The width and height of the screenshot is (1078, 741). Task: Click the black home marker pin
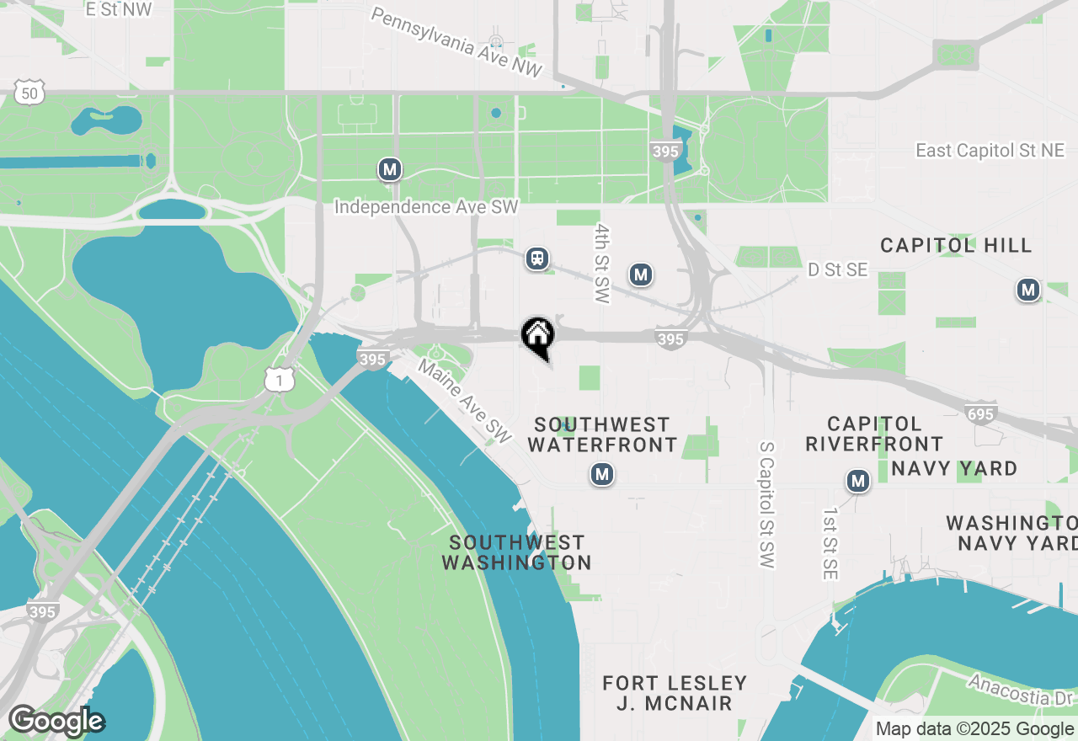537,336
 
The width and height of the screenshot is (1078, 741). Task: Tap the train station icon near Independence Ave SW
537,259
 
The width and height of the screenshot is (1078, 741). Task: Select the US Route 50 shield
30,93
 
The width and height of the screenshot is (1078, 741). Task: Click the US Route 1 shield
279,381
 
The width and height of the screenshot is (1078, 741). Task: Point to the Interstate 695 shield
981,413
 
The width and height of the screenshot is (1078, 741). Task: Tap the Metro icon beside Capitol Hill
1027,291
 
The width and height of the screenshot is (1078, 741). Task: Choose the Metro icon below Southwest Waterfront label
601,475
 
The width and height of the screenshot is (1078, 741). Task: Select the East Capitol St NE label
990,151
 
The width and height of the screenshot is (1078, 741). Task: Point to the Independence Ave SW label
426,207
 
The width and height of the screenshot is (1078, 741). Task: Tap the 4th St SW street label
601,263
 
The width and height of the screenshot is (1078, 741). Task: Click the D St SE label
837,269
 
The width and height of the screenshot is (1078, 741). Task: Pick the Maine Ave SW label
465,402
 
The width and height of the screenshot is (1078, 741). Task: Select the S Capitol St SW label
766,504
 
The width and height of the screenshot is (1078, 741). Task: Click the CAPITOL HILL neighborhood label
956,246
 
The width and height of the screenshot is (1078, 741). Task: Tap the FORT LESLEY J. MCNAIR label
675,693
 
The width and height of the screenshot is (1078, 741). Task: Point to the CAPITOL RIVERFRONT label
874,434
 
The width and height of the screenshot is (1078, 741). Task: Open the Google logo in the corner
56,722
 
